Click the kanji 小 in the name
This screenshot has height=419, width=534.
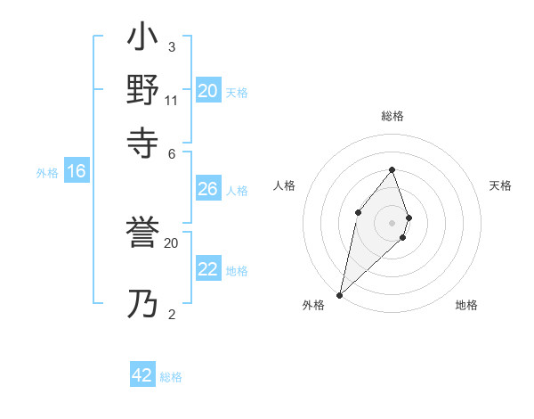click(x=143, y=41)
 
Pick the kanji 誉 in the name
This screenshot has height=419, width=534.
click(x=143, y=236)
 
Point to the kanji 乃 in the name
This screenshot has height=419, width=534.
click(x=143, y=304)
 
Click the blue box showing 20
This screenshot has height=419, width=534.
click(x=207, y=91)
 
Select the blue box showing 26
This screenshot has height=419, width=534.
click(x=207, y=189)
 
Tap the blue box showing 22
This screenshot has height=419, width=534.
click(x=207, y=269)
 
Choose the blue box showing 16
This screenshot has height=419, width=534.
click(x=77, y=172)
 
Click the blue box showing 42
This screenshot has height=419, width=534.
click(x=142, y=375)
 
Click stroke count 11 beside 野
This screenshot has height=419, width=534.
click(x=172, y=100)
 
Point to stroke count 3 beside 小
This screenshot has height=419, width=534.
click(x=171, y=47)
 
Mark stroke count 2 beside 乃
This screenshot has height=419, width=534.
click(x=171, y=314)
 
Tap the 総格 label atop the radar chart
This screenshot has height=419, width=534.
click(x=392, y=116)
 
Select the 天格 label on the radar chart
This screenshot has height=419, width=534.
click(x=500, y=185)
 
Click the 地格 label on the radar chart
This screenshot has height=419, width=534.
click(x=466, y=305)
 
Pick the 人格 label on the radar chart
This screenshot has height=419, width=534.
click(x=284, y=185)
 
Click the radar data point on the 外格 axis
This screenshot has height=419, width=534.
click(x=340, y=294)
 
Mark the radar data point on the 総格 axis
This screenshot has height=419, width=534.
click(x=392, y=169)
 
